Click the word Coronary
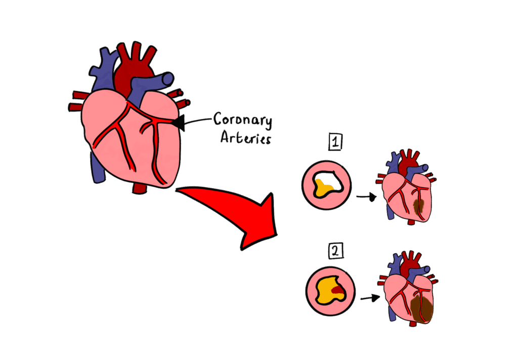(242, 120)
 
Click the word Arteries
(245, 137)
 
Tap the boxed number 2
(335, 250)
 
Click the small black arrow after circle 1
(366, 196)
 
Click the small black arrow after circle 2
(370, 298)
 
